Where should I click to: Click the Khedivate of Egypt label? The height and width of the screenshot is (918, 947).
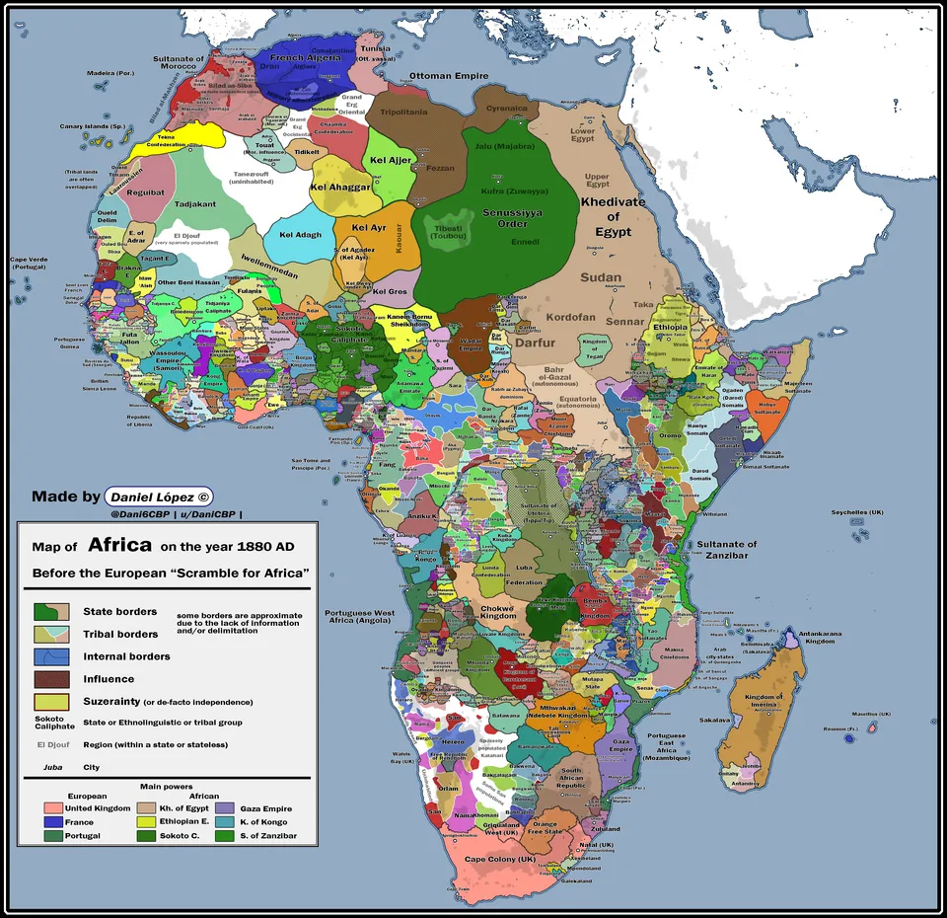pos(613,216)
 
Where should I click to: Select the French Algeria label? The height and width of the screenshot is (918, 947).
pos(305,58)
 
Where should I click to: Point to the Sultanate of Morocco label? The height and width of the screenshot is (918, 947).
pos(179,63)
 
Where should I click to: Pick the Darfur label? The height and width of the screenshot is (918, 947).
pos(536,342)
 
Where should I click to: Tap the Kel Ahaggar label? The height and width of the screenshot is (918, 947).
pos(339,187)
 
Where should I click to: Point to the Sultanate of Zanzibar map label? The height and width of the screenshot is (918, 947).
pos(727,549)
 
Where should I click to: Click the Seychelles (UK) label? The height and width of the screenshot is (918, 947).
pos(856,512)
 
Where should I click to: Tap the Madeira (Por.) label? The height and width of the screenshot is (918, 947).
pos(110,73)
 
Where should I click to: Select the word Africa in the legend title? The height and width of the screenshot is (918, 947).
pos(119,544)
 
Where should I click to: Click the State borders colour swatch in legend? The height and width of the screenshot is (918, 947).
pos(51,612)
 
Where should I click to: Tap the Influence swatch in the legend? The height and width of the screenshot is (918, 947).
pos(51,679)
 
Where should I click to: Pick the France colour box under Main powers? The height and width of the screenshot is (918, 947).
pos(53,821)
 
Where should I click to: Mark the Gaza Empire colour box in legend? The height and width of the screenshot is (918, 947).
pos(224,808)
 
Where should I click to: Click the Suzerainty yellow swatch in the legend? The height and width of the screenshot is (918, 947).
pos(51,702)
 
